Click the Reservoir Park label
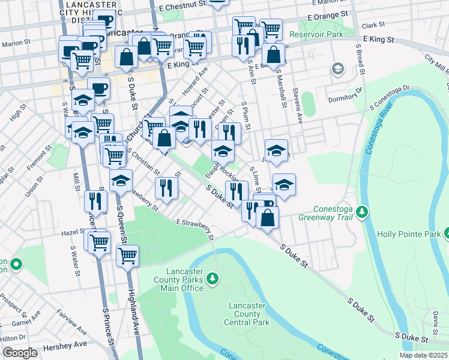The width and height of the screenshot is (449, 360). [x=316, y=35]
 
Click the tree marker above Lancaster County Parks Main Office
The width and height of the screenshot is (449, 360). [x=212, y=278]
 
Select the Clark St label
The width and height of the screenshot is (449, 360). [x=373, y=25]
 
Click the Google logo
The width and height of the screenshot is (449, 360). [x=20, y=352]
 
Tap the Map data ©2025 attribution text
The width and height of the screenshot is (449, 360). [x=423, y=355]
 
